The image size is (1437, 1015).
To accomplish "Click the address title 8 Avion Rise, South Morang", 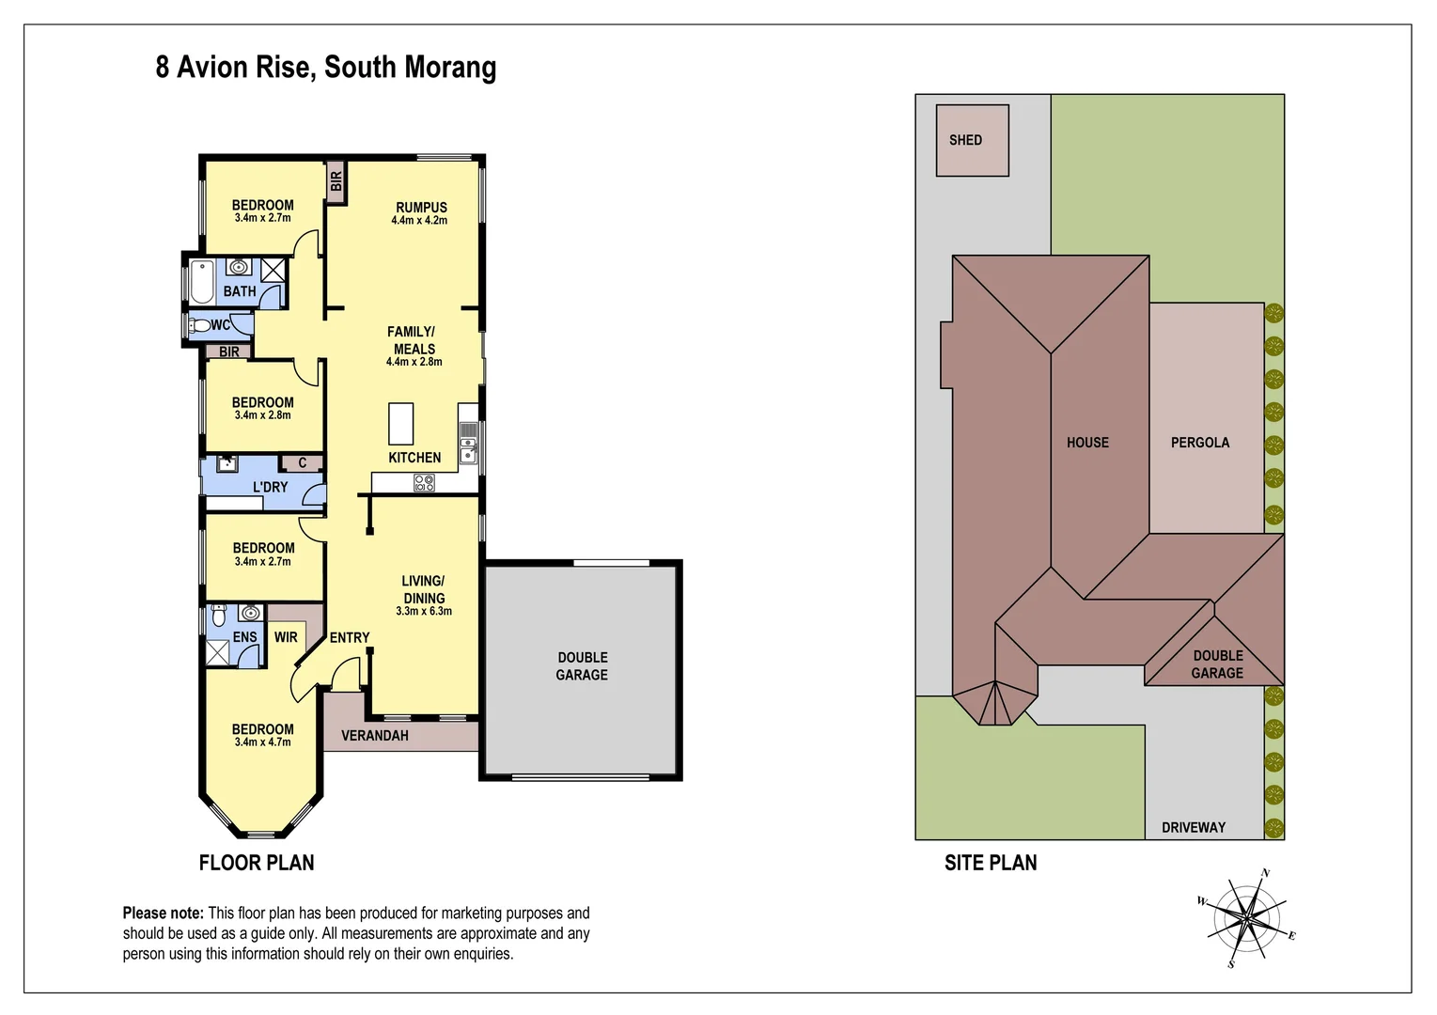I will tap(325, 68).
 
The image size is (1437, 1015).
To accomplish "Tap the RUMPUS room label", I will tap(421, 208).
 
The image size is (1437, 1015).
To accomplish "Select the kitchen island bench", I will tap(401, 423).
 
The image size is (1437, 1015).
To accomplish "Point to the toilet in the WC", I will tap(198, 326).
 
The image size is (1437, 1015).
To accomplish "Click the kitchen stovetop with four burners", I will tap(424, 483).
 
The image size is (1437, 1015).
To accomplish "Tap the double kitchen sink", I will tap(468, 445).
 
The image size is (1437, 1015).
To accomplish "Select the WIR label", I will tap(286, 637).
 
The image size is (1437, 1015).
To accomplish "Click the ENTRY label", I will tap(350, 637).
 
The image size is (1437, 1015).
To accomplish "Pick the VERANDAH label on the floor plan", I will tap(374, 735).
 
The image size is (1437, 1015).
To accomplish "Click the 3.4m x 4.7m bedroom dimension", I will tap(262, 742).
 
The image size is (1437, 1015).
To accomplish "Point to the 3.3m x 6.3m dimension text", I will tap(424, 611).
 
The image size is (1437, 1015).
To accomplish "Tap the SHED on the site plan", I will tap(972, 140).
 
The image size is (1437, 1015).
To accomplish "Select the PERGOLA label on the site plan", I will tap(1199, 442).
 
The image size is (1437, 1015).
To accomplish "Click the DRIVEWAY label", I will tap(1194, 827).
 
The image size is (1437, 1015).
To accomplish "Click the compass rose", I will tap(1248, 917).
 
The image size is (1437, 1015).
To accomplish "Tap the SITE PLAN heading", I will tap(991, 863).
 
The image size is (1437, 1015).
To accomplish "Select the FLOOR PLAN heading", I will tap(257, 863).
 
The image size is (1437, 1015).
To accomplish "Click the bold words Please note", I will tap(163, 913).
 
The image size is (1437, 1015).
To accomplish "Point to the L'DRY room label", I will tap(270, 487).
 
